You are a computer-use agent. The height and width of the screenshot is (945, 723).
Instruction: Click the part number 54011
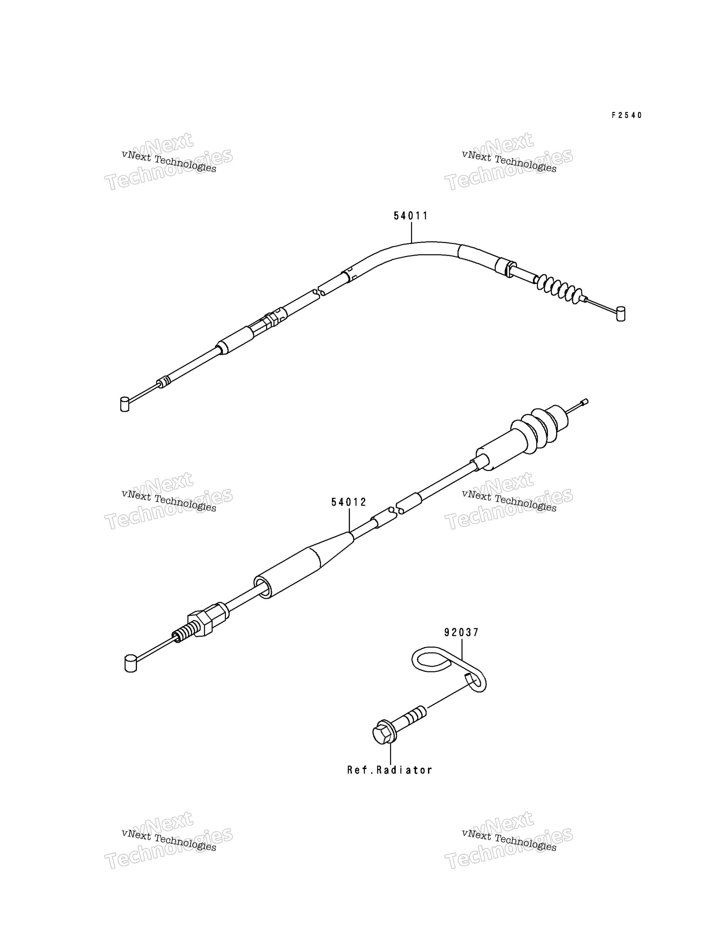tap(411, 216)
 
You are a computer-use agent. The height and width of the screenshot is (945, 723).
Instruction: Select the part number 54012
tap(349, 502)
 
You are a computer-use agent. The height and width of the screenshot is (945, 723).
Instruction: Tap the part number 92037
tap(461, 632)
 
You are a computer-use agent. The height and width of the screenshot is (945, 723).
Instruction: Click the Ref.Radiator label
tap(390, 770)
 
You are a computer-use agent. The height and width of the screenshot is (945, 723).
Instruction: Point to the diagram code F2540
tap(627, 115)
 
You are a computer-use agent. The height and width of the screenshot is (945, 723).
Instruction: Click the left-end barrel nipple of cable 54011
tap(125, 404)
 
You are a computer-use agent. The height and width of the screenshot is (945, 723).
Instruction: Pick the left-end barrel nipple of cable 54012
tap(130, 663)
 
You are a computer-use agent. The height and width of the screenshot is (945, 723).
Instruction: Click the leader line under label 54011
tap(411, 232)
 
